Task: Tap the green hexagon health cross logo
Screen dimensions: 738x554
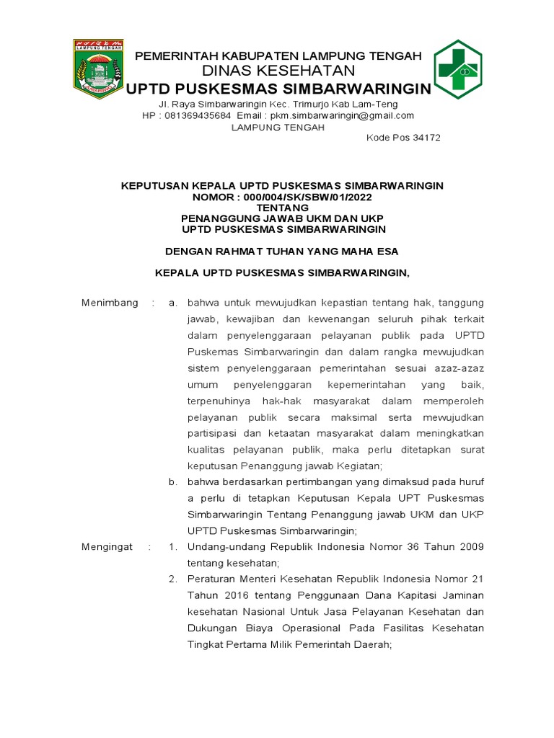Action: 457,70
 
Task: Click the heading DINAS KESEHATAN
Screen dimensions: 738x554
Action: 278,71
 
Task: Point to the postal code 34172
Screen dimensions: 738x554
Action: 426,138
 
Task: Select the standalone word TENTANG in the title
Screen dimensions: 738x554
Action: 282,208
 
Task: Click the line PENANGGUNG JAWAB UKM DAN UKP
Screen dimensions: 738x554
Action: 282,218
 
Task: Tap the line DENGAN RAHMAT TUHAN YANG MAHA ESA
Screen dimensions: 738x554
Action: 282,252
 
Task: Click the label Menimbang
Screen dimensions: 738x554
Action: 110,303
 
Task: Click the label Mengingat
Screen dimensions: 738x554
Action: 107,547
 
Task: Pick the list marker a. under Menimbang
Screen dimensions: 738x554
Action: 172,303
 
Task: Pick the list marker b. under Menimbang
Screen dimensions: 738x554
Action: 172,482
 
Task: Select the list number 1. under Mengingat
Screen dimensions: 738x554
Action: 172,547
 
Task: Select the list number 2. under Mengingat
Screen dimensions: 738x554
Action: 172,579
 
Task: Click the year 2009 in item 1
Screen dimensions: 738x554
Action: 470,547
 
